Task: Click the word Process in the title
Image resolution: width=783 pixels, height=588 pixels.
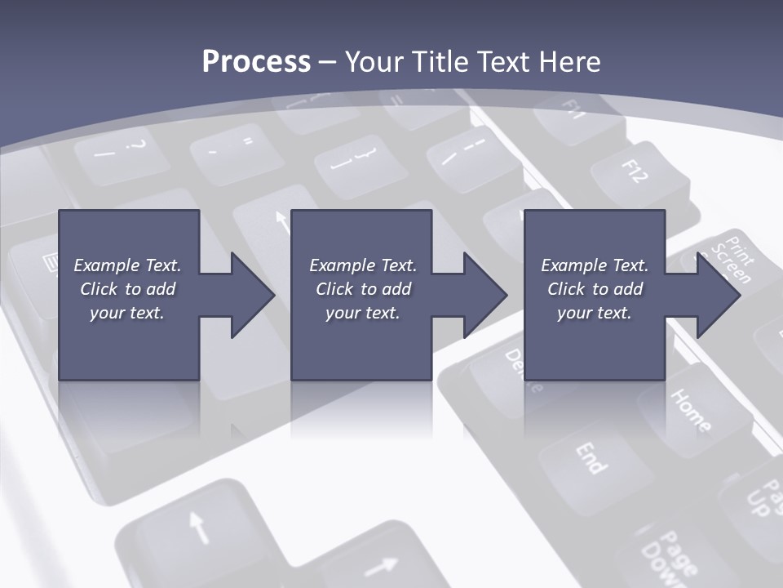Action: pyautogui.click(x=256, y=62)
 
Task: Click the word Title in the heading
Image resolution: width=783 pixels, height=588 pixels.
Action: pyautogui.click(x=440, y=62)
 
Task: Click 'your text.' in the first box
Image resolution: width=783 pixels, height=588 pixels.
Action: pyautogui.click(x=127, y=313)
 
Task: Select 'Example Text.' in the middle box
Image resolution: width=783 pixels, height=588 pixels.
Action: pyautogui.click(x=363, y=265)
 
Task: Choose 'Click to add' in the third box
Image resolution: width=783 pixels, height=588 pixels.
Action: pyautogui.click(x=595, y=289)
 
